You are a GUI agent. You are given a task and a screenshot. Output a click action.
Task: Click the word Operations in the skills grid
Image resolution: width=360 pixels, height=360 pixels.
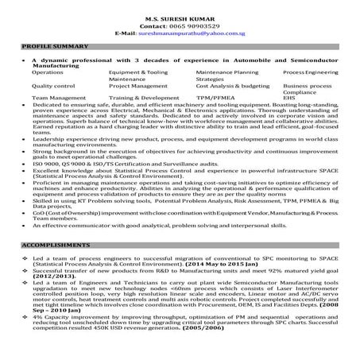[x=48, y=72]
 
